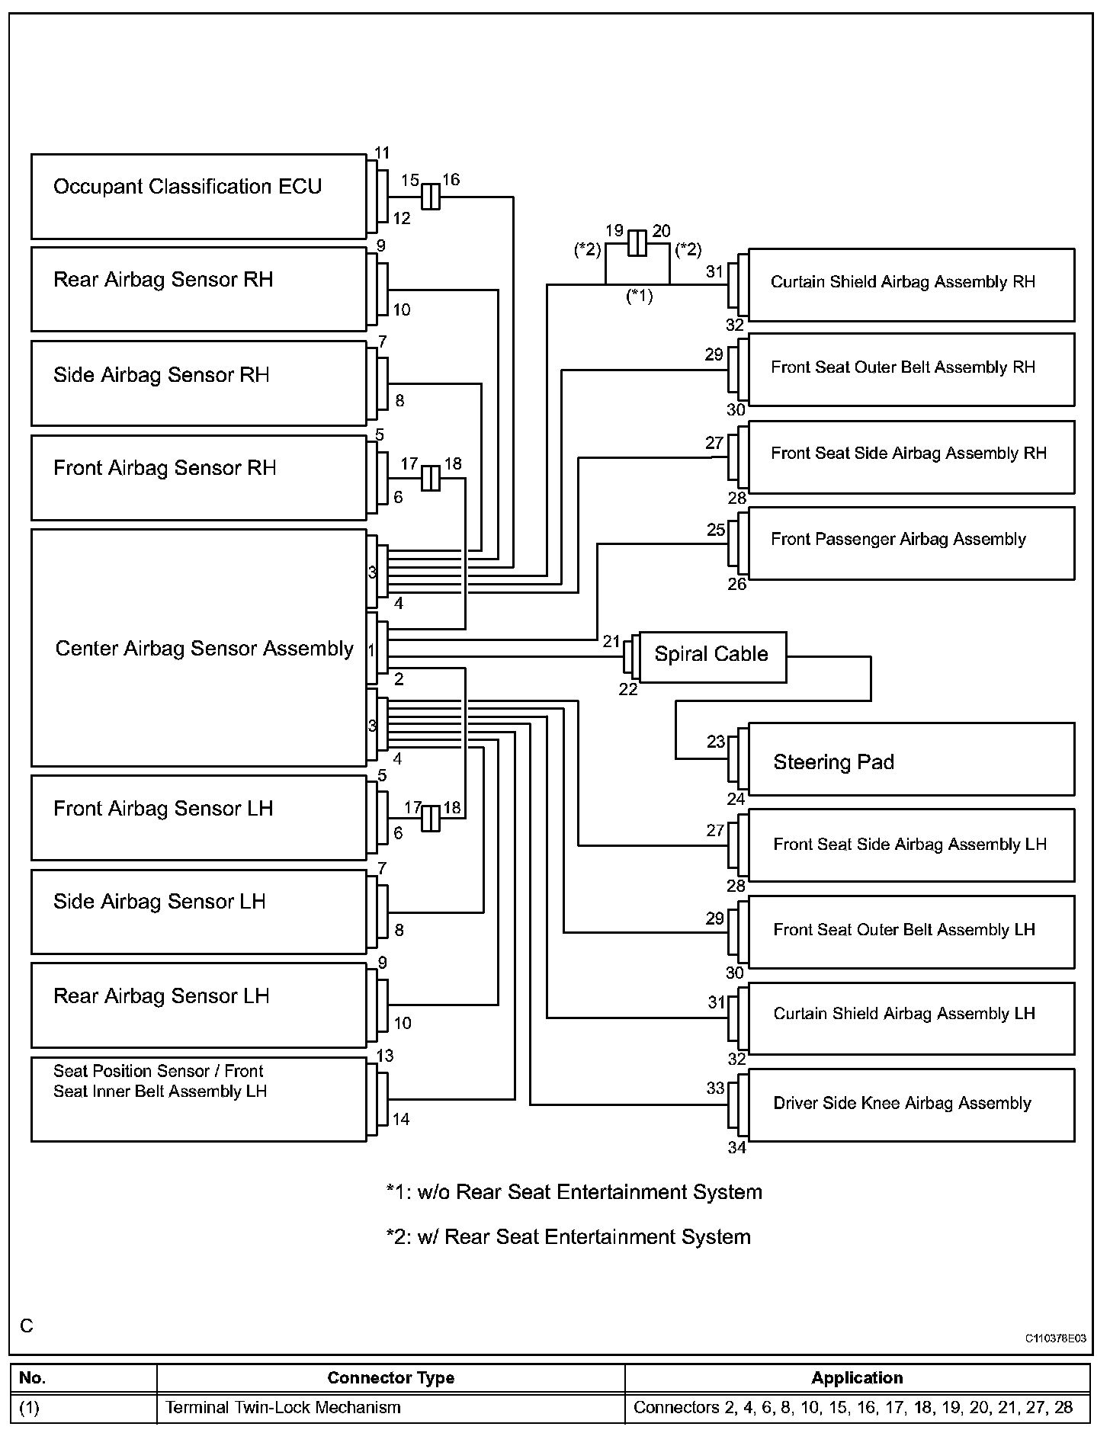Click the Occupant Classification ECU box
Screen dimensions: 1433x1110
tap(198, 197)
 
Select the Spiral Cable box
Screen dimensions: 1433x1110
tap(712, 656)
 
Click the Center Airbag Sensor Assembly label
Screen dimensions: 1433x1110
tap(204, 649)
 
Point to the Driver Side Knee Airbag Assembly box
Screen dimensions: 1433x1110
tap(911, 1104)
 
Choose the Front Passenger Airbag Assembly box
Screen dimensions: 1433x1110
tap(911, 543)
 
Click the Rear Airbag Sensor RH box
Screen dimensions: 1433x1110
tap(198, 289)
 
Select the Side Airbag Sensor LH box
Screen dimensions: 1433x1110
tap(198, 912)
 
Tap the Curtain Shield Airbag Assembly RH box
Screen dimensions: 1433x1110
tap(911, 284)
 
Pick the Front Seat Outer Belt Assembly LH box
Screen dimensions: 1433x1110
tap(911, 931)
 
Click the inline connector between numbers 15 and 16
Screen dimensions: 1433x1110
tap(431, 197)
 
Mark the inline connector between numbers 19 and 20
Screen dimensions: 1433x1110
tap(637, 244)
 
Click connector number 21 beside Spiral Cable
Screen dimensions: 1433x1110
tap(612, 642)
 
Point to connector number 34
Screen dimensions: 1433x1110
tap(736, 1147)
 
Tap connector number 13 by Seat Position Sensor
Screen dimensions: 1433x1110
tap(385, 1056)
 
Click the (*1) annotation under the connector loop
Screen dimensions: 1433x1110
tap(639, 297)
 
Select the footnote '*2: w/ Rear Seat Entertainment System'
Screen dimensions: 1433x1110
tap(568, 1236)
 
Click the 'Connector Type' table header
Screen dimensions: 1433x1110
tap(390, 1377)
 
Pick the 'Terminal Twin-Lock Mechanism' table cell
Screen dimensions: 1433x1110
tap(283, 1407)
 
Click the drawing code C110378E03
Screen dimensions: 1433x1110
tap(1055, 1338)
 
